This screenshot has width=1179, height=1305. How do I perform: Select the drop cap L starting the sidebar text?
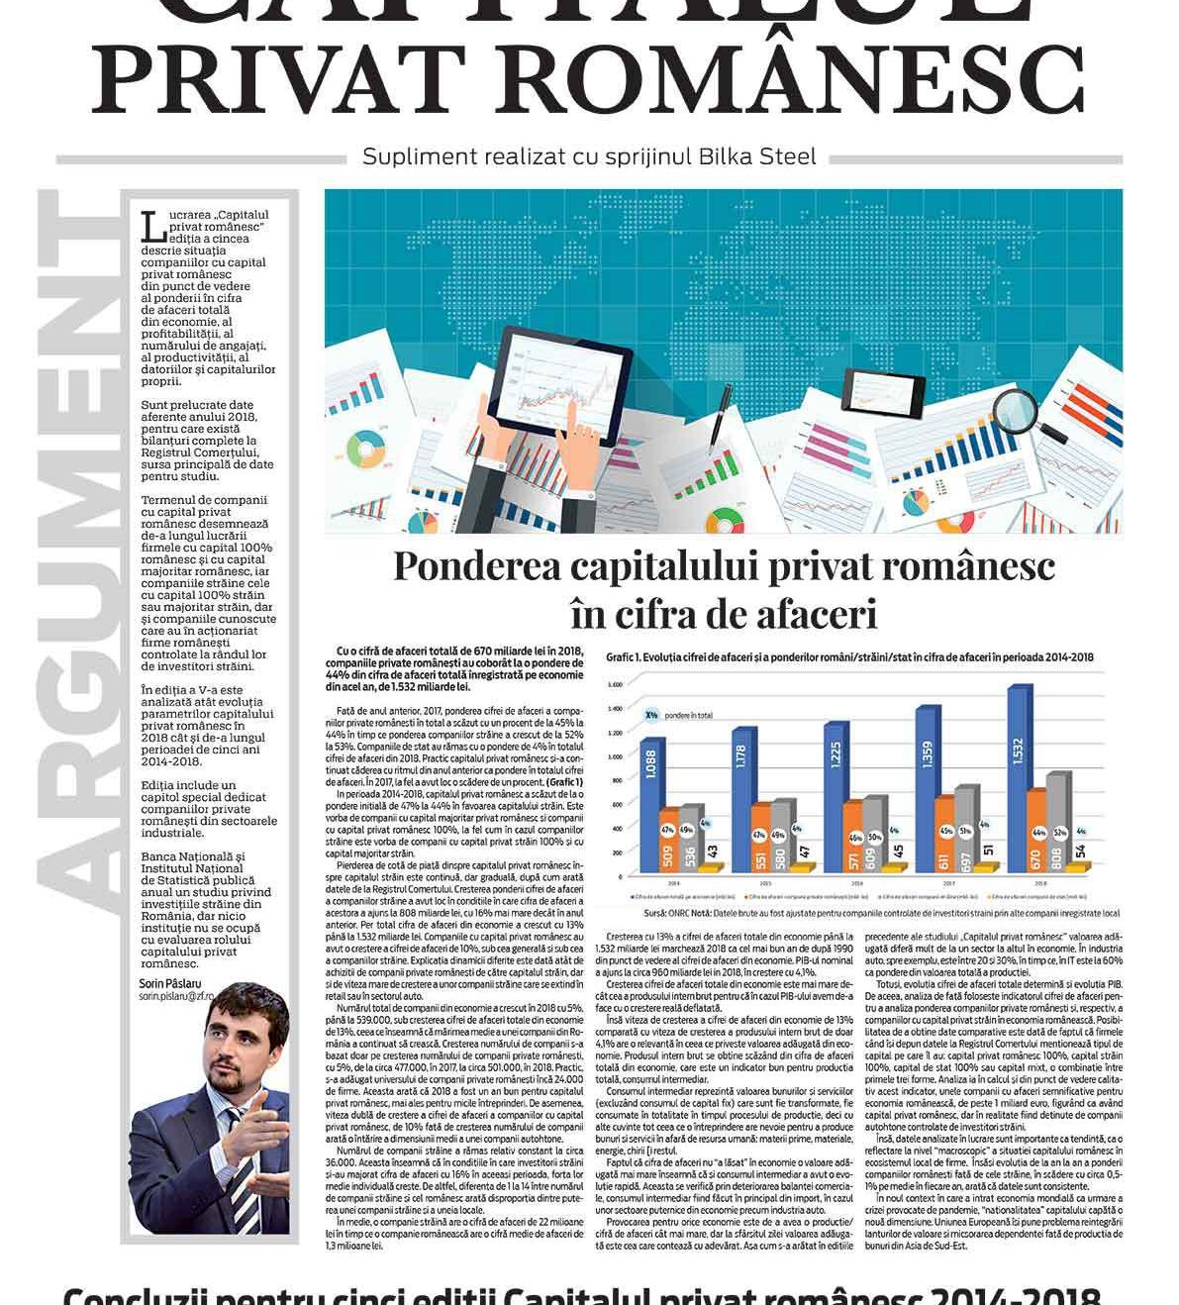pos(153,227)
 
